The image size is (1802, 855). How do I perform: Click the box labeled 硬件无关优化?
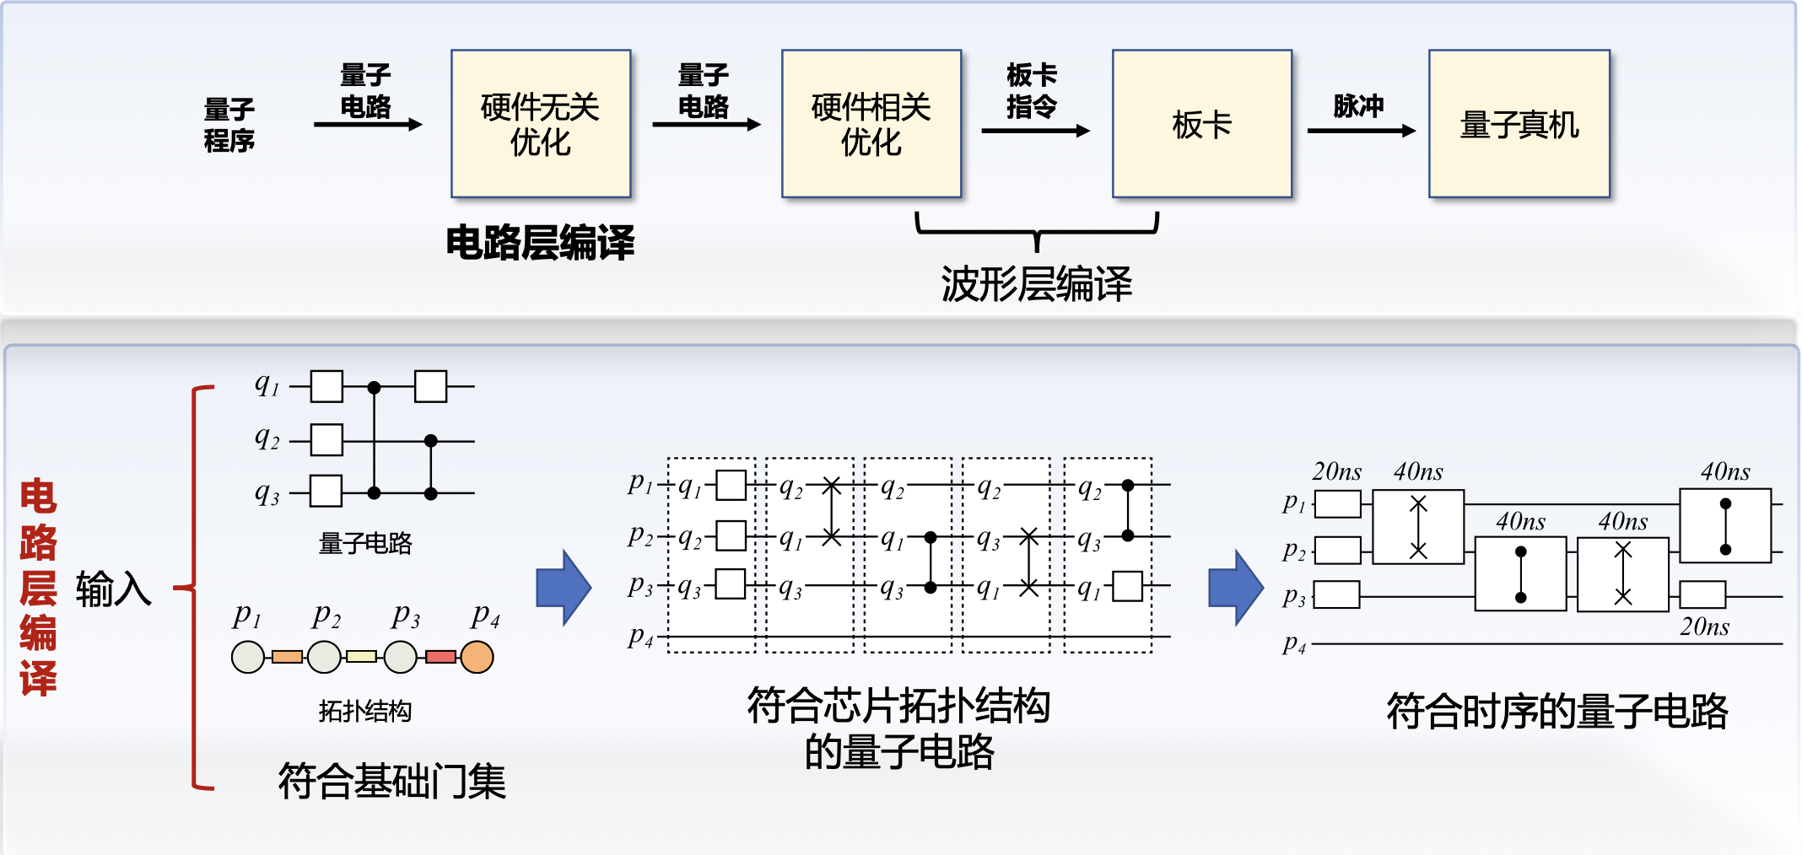[x=541, y=124]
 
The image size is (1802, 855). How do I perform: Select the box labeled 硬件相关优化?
[x=871, y=124]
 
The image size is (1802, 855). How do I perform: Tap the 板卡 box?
[x=1202, y=124]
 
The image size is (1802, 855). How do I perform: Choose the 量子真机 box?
[x=1519, y=124]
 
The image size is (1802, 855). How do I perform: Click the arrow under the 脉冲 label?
[x=1361, y=131]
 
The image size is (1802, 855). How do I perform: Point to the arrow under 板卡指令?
[x=1035, y=131]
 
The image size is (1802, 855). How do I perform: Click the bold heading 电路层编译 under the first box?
[x=540, y=243]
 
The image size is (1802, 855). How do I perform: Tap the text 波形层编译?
[x=1037, y=284]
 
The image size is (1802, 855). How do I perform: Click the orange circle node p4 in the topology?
[x=477, y=657]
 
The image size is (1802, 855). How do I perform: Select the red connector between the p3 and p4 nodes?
[x=440, y=657]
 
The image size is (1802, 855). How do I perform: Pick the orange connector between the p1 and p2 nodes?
[x=287, y=657]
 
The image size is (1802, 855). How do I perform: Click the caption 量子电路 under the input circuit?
[x=365, y=543]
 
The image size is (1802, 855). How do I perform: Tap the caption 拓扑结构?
[x=365, y=711]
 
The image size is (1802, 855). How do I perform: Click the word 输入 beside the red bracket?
[x=114, y=589]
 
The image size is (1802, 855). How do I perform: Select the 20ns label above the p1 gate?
[x=1337, y=471]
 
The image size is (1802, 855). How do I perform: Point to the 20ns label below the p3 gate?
[x=1704, y=626]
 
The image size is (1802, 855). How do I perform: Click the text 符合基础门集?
[x=392, y=781]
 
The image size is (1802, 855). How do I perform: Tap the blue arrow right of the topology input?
[x=564, y=588]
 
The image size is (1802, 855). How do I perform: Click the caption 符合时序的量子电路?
[x=1557, y=711]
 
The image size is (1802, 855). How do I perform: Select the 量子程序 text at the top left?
[x=229, y=125]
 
